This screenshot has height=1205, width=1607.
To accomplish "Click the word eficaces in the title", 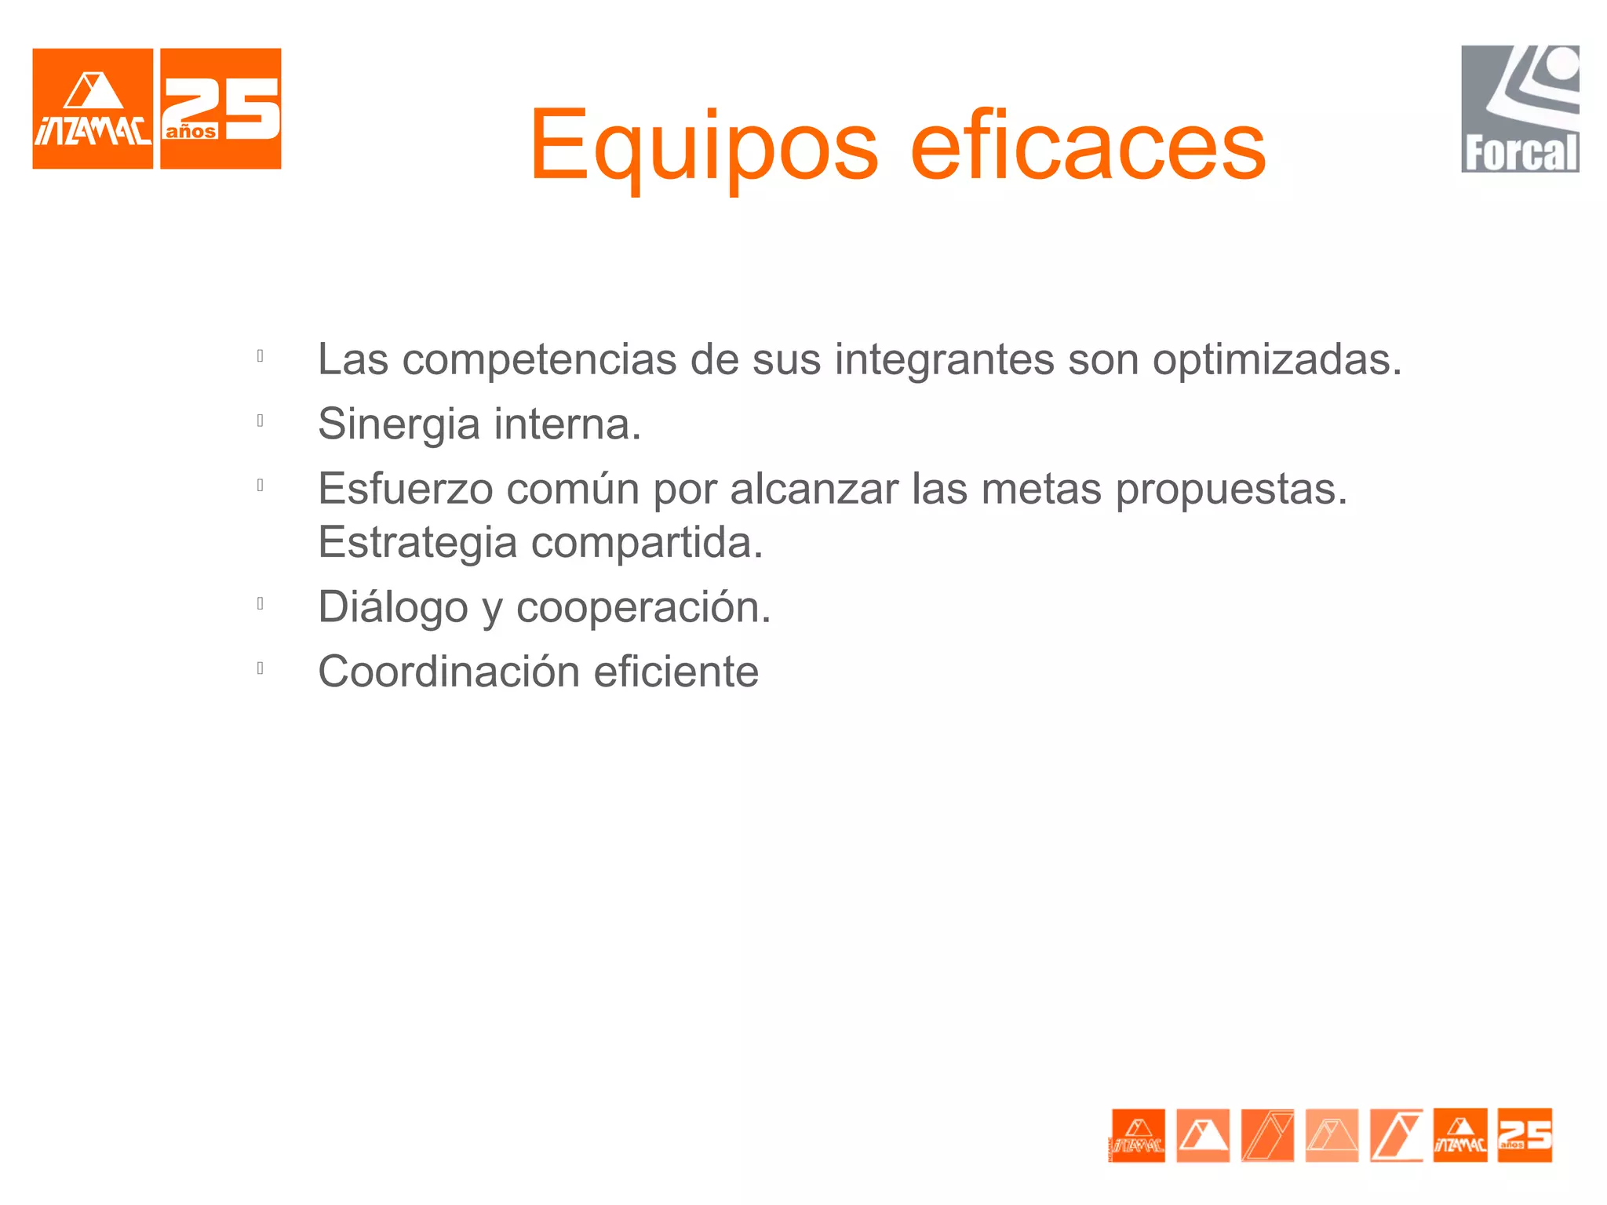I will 1088,146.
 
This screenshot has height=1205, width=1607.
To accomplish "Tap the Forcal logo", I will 1520,109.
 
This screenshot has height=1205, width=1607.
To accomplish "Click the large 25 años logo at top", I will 220,109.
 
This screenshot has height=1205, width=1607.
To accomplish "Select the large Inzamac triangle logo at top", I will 93,109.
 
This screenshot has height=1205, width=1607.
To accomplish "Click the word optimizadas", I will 1277,360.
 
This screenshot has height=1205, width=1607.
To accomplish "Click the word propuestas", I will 1231,490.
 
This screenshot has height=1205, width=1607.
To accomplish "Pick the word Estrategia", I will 417,542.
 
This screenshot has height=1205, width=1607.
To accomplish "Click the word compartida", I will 647,542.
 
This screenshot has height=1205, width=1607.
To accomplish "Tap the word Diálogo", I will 392,607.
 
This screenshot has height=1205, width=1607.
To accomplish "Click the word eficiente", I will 676,672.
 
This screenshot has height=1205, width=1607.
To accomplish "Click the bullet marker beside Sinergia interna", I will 261,420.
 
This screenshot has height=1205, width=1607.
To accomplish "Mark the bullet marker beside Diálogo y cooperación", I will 261,603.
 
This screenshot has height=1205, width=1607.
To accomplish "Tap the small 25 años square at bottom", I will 1525,1134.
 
